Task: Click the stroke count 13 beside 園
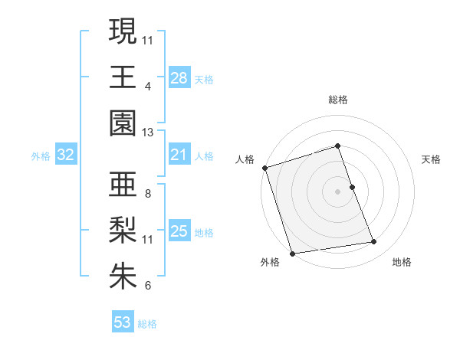tap(148, 133)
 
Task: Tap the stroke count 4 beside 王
tap(147, 87)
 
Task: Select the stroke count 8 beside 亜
tap(147, 194)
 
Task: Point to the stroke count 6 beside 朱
tap(147, 286)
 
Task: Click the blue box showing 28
tap(179, 78)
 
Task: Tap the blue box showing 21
tap(179, 155)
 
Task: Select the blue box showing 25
tap(179, 231)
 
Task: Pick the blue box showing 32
tap(65, 155)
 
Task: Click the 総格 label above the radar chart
tap(338, 100)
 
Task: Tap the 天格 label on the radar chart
tap(431, 159)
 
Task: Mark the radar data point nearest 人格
tap(264, 168)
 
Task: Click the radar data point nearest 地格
tap(374, 242)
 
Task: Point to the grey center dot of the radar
tap(338, 191)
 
